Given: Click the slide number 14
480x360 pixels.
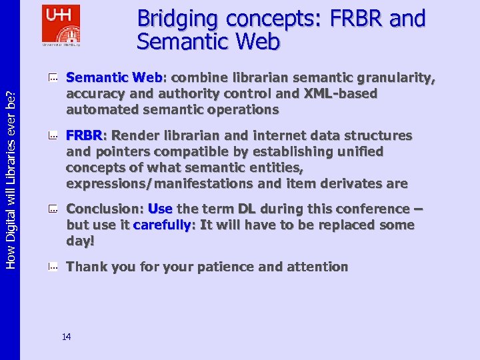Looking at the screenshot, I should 67,337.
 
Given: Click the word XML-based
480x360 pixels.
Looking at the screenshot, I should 340,94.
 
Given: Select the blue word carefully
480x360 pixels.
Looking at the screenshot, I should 163,225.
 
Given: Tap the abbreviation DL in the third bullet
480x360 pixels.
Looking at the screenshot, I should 247,209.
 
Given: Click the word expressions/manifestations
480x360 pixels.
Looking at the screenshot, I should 159,183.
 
